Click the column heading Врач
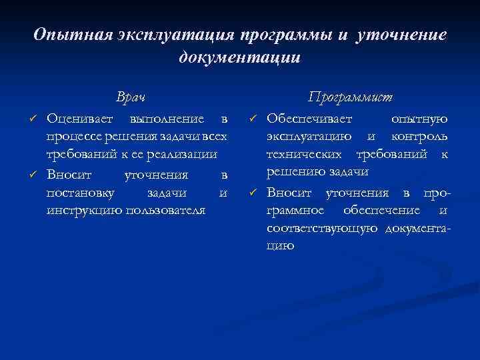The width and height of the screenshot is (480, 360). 131,97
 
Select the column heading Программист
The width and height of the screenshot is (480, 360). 350,97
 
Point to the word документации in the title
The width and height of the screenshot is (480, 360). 240,57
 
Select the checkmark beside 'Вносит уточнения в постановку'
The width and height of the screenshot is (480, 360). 32,175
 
